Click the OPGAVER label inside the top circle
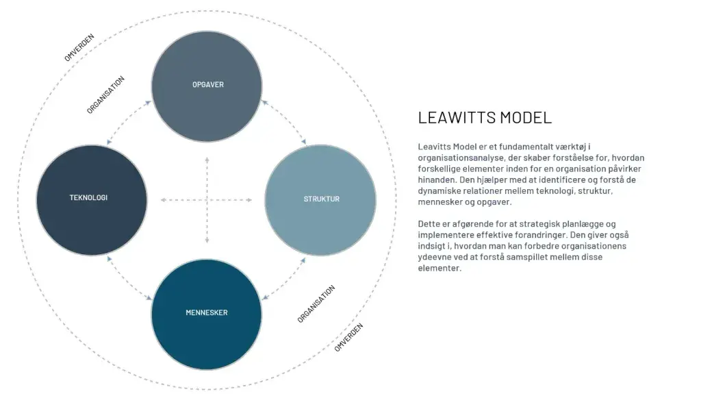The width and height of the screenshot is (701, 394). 208,85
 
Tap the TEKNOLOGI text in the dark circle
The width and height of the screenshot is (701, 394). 88,198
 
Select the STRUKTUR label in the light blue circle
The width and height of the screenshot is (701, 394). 322,199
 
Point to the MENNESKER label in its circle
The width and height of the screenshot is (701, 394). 207,313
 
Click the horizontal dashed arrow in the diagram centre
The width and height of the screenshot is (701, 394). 206,200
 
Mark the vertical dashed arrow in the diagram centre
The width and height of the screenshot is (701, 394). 207,200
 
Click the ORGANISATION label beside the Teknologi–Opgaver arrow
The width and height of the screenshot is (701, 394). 105,95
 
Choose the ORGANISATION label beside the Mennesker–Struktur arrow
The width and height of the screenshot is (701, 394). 316,304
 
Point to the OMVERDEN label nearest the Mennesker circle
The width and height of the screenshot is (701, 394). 348,336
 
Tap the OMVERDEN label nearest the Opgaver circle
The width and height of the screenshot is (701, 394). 79,47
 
